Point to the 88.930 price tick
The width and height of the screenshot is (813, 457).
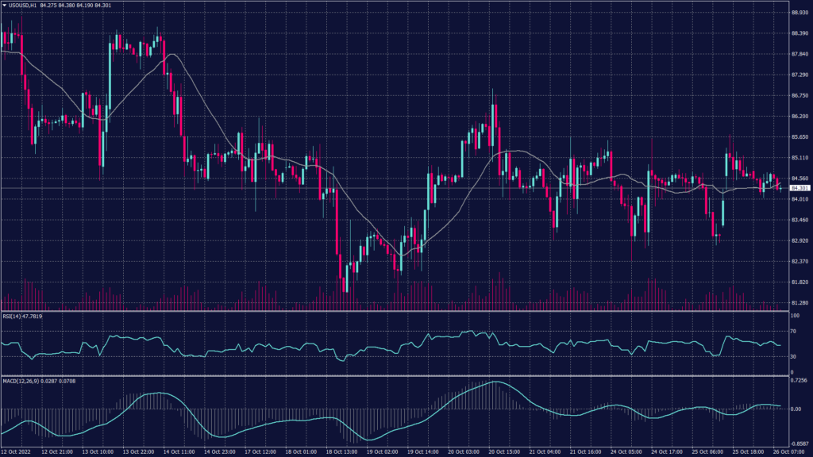pos(800,12)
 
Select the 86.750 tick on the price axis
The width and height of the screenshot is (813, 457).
pos(800,95)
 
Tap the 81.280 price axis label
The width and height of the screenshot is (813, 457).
pos(800,302)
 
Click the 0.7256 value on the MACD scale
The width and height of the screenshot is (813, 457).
pos(798,381)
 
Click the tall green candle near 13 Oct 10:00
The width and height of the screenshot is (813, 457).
pos(110,79)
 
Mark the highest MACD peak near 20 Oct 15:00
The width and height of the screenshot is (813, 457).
pos(495,382)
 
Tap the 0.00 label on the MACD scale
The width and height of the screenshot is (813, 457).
pos(796,409)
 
